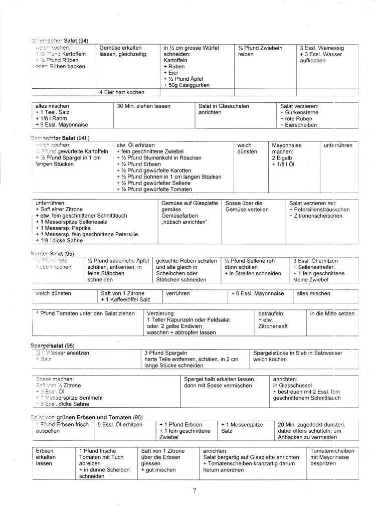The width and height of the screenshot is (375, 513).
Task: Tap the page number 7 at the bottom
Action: (x=194, y=490)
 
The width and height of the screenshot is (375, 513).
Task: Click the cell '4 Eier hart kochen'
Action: (x=122, y=92)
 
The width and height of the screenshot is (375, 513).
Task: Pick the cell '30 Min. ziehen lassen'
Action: (x=143, y=106)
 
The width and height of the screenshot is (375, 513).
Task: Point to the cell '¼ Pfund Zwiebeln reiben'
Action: (x=260, y=51)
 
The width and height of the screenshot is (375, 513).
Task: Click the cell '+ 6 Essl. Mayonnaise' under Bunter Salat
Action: (x=259, y=293)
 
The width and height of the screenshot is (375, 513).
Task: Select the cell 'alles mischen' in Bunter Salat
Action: (x=313, y=293)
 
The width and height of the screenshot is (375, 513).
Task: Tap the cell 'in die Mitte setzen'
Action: (x=332, y=313)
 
